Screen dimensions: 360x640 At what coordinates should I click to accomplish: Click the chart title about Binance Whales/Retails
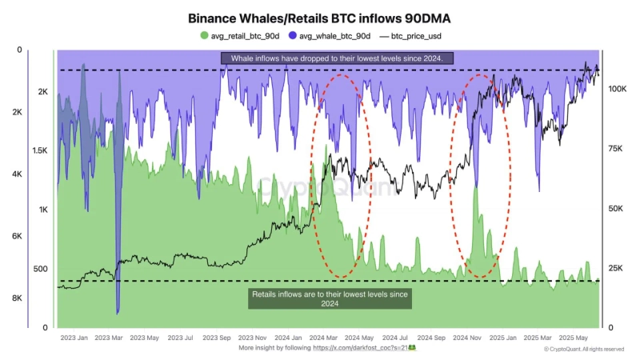(x=319, y=17)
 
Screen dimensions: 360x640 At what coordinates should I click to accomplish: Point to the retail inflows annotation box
(x=330, y=298)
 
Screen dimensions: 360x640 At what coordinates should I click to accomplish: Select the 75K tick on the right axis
(x=616, y=149)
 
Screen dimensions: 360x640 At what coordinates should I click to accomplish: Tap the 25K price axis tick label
(x=616, y=268)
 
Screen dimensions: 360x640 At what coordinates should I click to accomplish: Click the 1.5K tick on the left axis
(x=39, y=150)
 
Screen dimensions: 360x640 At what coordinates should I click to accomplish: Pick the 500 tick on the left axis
(x=40, y=269)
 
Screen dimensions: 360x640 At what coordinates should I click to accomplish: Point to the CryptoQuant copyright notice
(x=584, y=350)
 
